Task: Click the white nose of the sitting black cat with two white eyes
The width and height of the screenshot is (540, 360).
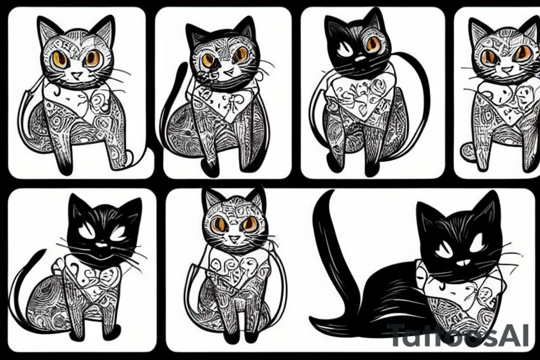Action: (102, 244)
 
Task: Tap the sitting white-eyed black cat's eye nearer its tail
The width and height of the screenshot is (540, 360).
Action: (86, 233)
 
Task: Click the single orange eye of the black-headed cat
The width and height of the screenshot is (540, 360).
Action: (372, 45)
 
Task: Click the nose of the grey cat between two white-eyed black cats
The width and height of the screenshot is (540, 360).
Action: (233, 237)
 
